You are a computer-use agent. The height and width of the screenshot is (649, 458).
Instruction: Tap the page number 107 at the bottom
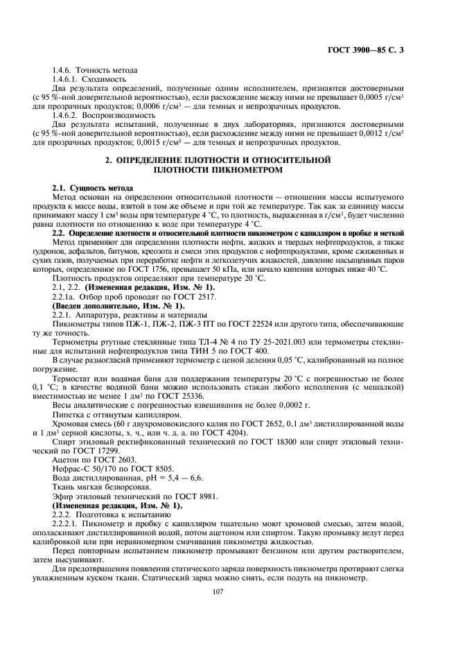229,591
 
